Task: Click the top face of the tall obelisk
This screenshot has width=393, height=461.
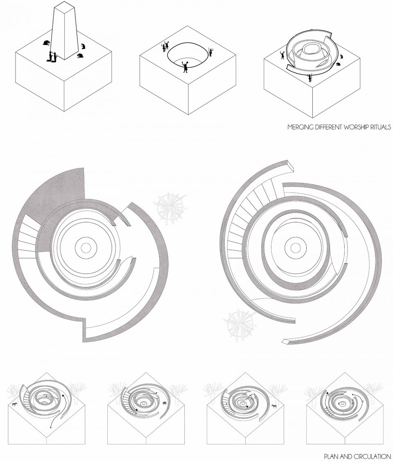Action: pyautogui.click(x=65, y=9)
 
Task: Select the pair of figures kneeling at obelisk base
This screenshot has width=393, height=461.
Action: pyautogui.click(x=53, y=57)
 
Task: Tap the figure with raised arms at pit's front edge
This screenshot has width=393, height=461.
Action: pyautogui.click(x=185, y=67)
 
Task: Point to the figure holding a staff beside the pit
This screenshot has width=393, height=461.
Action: pyautogui.click(x=210, y=52)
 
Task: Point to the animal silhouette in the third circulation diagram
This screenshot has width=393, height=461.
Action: pyautogui.click(x=274, y=407)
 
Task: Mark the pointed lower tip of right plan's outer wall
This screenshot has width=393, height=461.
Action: pyautogui.click(x=283, y=341)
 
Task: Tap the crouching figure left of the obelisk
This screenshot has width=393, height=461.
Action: pyautogui.click(x=46, y=43)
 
